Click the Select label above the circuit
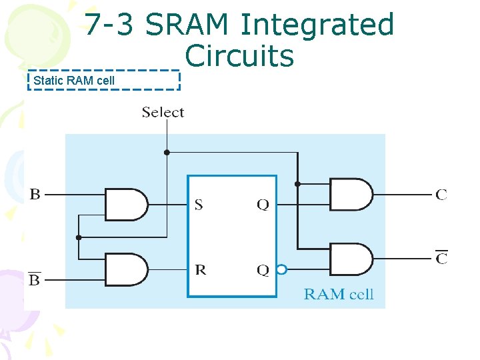pyautogui.click(x=163, y=113)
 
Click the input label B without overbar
pyautogui.click(x=35, y=195)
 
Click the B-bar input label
pyautogui.click(x=35, y=279)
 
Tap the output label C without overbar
pyautogui.click(x=441, y=195)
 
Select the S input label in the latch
pyautogui.click(x=199, y=205)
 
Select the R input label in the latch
pyautogui.click(x=200, y=269)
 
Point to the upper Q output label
pyautogui.click(x=263, y=205)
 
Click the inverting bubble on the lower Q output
pyautogui.click(x=281, y=270)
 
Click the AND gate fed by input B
pyautogui.click(x=127, y=205)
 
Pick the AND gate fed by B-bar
pyautogui.click(x=127, y=269)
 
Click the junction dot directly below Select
pyautogui.click(x=167, y=152)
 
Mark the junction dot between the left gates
pyautogui.click(x=79, y=237)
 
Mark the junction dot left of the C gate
pyautogui.click(x=297, y=183)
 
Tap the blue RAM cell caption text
pyautogui.click(x=339, y=294)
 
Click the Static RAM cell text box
pyautogui.click(x=103, y=81)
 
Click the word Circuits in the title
pyautogui.click(x=239, y=56)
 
